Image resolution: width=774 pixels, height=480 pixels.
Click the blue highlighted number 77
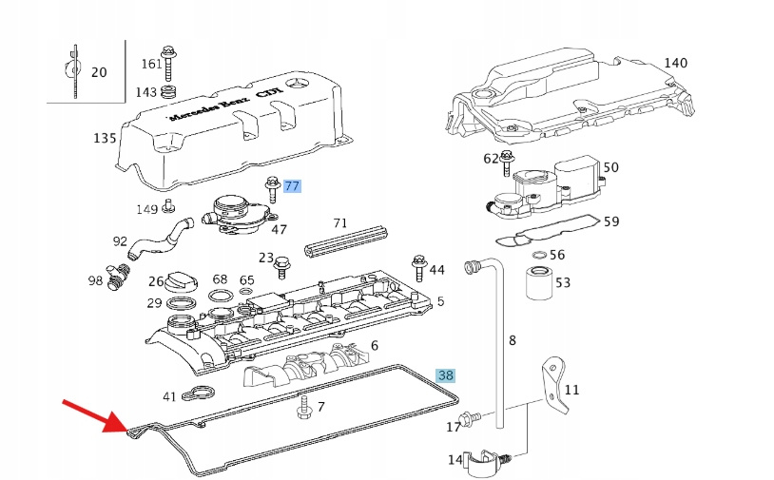click(291, 186)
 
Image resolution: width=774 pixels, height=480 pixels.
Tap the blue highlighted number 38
click(445, 375)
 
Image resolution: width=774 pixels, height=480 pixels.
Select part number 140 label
click(675, 63)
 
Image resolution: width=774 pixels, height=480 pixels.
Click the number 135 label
click(104, 138)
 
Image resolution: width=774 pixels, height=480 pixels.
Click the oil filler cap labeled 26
click(181, 282)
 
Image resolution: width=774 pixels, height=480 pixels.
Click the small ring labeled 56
click(539, 255)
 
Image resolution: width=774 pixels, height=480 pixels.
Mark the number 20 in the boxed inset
click(99, 71)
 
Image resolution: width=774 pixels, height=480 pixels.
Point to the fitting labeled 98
click(118, 277)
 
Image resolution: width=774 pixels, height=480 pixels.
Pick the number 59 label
click(611, 221)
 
